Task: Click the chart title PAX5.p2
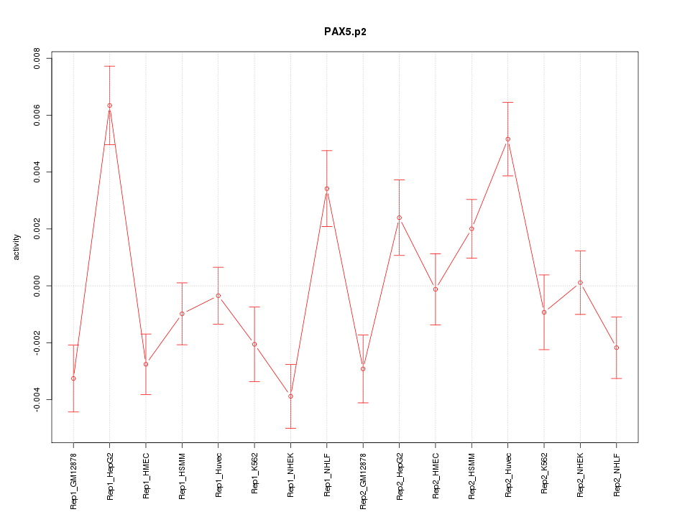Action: pyautogui.click(x=345, y=32)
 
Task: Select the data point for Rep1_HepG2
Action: pyautogui.click(x=109, y=106)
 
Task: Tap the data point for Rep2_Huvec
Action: pyautogui.click(x=507, y=139)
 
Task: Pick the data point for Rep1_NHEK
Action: pyautogui.click(x=290, y=396)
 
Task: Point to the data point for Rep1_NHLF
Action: pyautogui.click(x=327, y=189)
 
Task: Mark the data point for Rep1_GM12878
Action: pyautogui.click(x=73, y=378)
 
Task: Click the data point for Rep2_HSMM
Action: pyautogui.click(x=471, y=229)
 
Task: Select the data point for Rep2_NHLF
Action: pyautogui.click(x=616, y=348)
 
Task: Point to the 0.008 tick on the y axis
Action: pyautogui.click(x=37, y=58)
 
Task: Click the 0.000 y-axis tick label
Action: pyautogui.click(x=37, y=286)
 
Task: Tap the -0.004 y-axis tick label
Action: pyautogui.click(x=37, y=399)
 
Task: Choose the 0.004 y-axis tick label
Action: pyautogui.click(x=37, y=172)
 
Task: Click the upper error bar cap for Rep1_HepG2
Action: pyautogui.click(x=109, y=66)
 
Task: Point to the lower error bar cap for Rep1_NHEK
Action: pyautogui.click(x=290, y=428)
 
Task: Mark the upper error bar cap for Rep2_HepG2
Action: pyautogui.click(x=399, y=180)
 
